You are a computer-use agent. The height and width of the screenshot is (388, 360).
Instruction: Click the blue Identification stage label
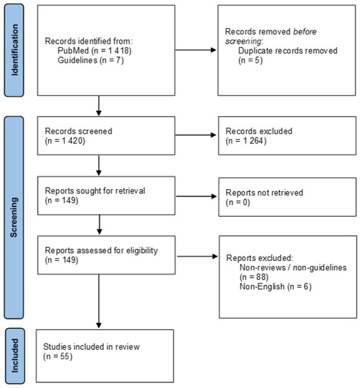pos(14,50)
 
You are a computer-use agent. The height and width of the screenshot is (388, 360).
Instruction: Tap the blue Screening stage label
pos(14,217)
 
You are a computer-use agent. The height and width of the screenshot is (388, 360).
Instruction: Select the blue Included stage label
pos(15,356)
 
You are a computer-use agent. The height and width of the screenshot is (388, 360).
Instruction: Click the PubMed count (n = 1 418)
pos(112,51)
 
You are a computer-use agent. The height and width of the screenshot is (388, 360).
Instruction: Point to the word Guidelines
pos(78,60)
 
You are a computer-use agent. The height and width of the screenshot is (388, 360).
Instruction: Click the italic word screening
pos(243,42)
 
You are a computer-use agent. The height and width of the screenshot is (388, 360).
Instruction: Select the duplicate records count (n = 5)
pos(251,61)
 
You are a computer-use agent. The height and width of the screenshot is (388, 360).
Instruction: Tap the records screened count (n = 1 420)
pos(65,141)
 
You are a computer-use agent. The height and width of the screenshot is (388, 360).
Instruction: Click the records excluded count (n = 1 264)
pos(246,141)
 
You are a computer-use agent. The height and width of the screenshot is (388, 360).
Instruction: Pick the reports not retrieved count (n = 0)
pos(238,202)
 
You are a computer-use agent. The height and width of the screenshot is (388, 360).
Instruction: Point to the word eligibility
pos(142,250)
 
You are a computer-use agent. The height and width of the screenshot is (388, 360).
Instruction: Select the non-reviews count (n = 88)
pos(254,277)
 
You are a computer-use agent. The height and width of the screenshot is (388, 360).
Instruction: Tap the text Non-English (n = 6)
pos(275,286)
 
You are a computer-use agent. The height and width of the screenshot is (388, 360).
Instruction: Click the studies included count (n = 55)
pos(58,356)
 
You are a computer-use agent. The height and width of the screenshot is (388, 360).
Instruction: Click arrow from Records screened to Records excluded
pos(196,135)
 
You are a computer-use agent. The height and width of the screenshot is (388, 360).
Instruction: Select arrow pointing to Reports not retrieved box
pos(196,197)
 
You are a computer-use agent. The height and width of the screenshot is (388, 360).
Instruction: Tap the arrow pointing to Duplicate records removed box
pos(196,50)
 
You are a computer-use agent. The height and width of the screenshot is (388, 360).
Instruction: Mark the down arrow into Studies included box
pos(99,301)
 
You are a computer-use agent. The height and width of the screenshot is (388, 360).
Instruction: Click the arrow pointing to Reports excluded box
pos(198,256)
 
